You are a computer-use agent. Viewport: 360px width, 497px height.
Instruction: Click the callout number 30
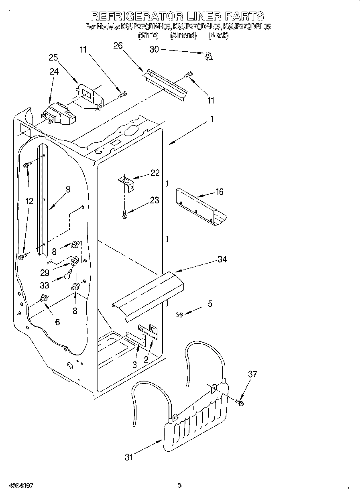click(154, 49)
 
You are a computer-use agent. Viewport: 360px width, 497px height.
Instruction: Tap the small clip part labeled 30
click(207, 56)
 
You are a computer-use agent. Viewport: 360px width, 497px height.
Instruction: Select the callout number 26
click(118, 46)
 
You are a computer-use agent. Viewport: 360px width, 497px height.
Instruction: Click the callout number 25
click(53, 58)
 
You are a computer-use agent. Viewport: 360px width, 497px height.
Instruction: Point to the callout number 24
click(54, 72)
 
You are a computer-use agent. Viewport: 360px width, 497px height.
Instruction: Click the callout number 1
click(212, 119)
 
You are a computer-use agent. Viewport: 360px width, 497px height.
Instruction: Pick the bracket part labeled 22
click(127, 184)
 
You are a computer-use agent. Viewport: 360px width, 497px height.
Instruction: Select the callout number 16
click(219, 192)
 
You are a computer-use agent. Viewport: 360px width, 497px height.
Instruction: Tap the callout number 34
click(222, 259)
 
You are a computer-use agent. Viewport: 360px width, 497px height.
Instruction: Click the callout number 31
click(128, 457)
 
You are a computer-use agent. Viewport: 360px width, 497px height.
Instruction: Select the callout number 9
click(68, 189)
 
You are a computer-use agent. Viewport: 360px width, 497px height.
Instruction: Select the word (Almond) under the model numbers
click(183, 36)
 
